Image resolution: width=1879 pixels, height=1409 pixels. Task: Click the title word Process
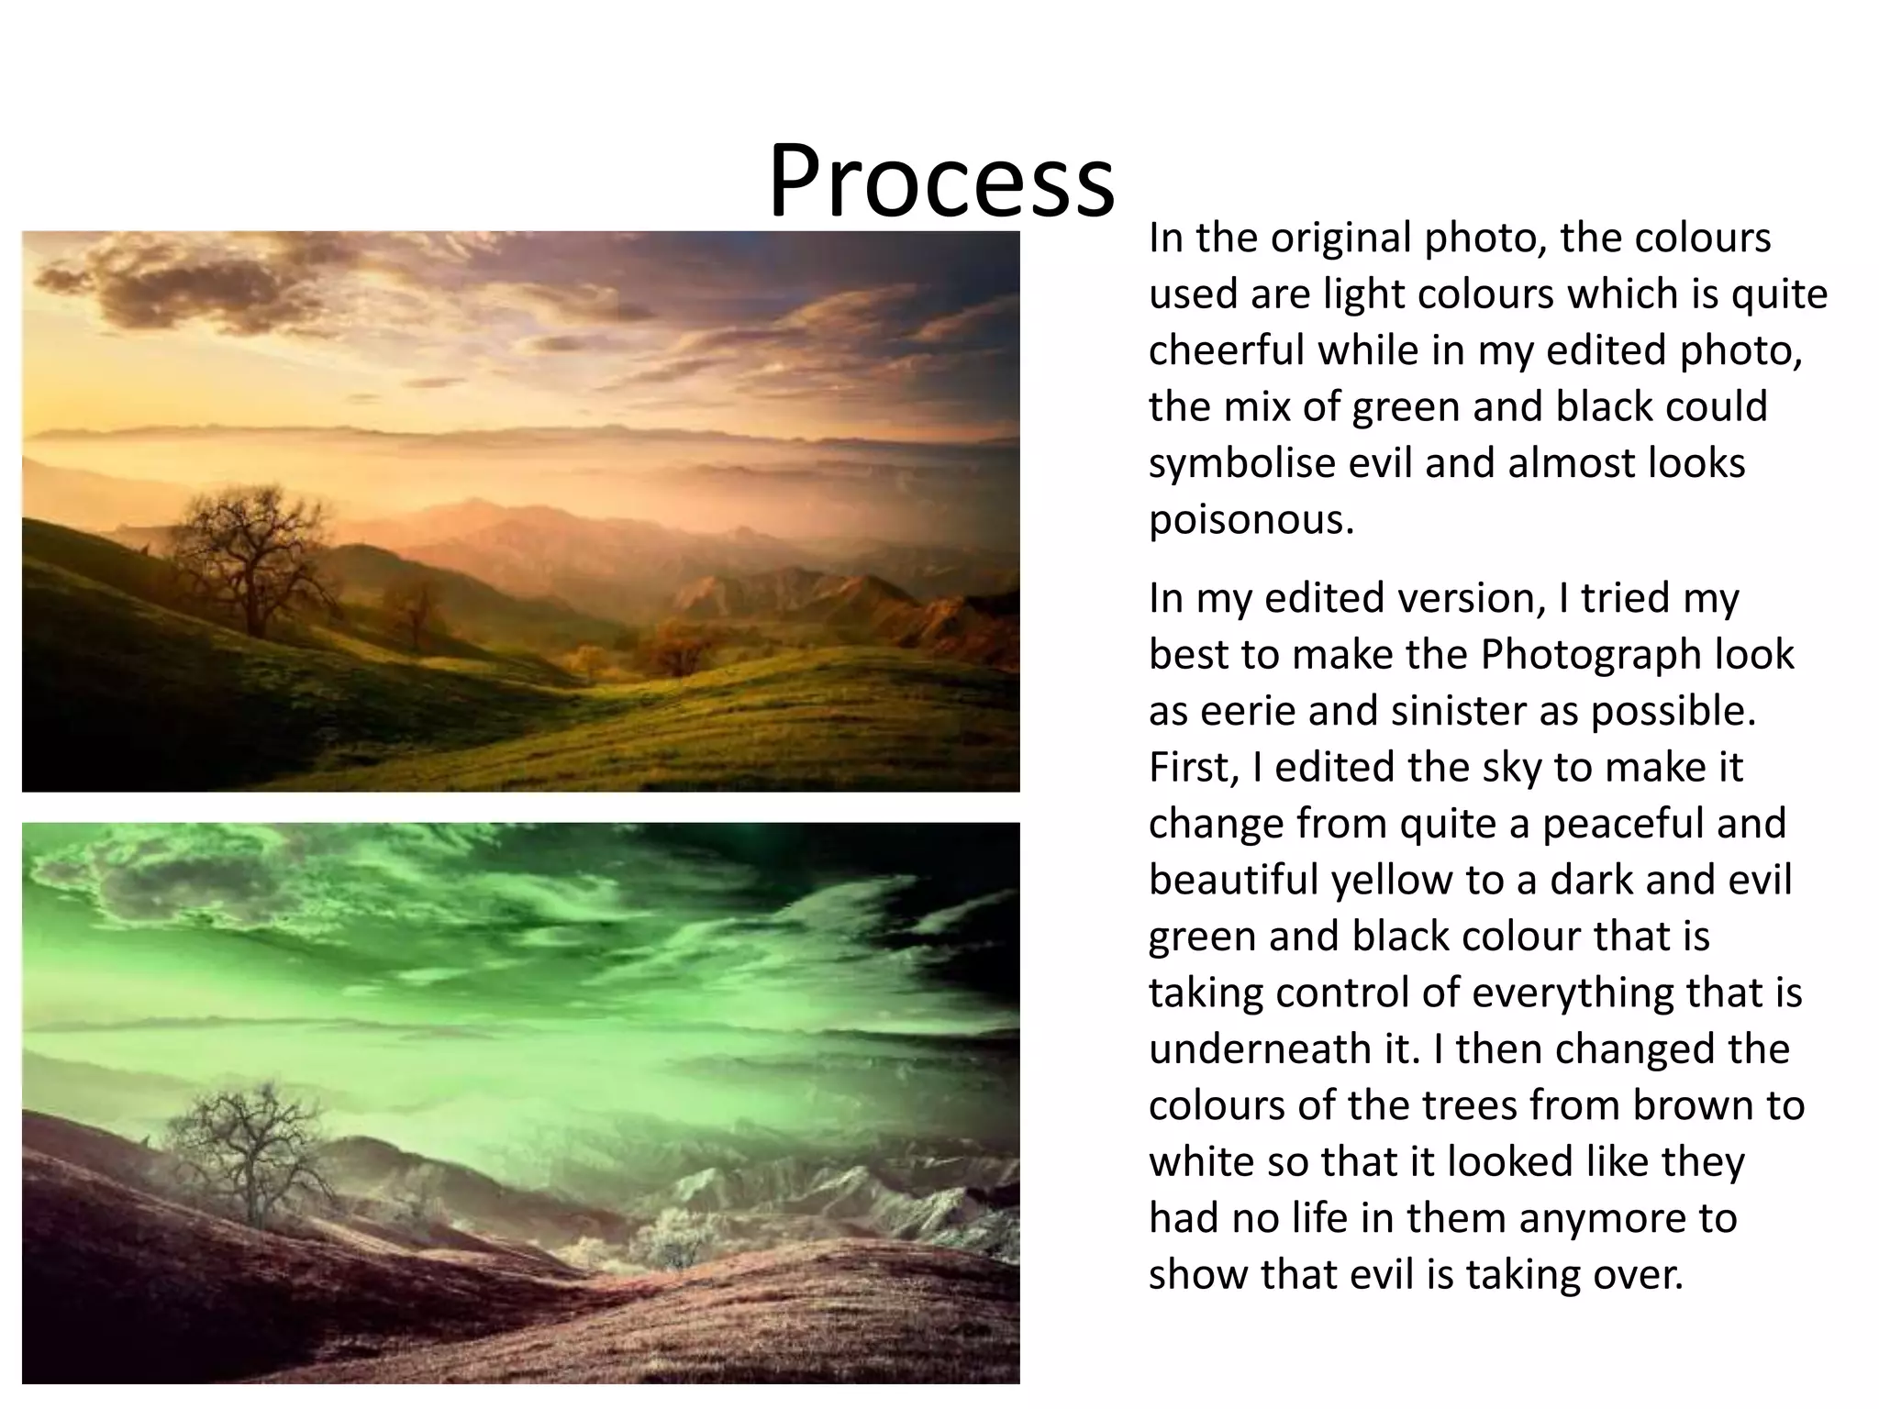point(941,181)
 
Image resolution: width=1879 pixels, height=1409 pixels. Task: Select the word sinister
point(1459,712)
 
